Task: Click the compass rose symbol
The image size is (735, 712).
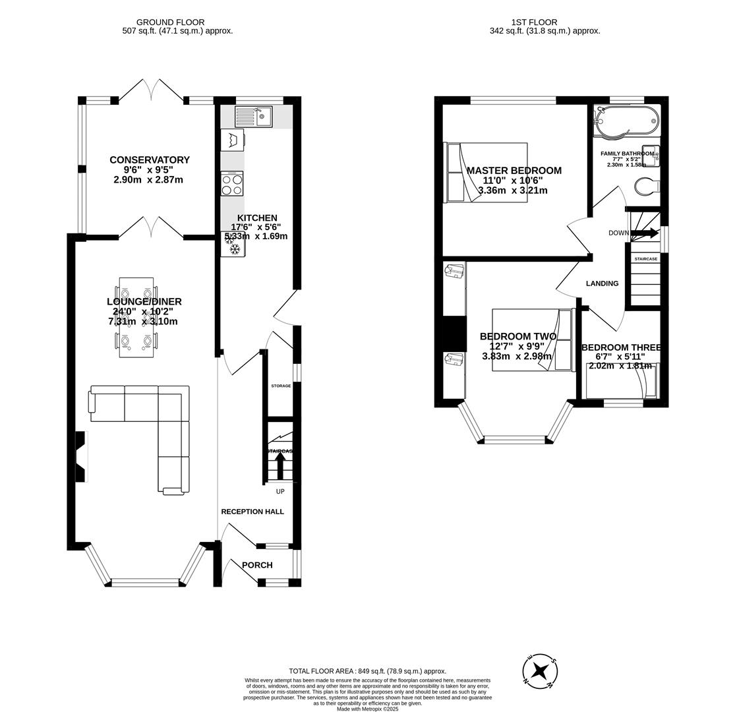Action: pyautogui.click(x=540, y=672)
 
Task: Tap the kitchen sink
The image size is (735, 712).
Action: pyautogui.click(x=254, y=117)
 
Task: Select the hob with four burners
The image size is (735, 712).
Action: pyautogui.click(x=232, y=183)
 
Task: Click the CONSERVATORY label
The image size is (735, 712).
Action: pyautogui.click(x=150, y=160)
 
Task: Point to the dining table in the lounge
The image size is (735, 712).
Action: pyautogui.click(x=136, y=317)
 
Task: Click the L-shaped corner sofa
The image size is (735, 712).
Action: pyautogui.click(x=168, y=422)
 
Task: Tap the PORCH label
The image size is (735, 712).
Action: pyautogui.click(x=257, y=565)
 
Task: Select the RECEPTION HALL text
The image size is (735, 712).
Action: pyautogui.click(x=252, y=512)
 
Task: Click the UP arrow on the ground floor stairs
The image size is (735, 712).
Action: pyautogui.click(x=280, y=465)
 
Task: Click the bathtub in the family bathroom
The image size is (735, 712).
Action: pyautogui.click(x=626, y=121)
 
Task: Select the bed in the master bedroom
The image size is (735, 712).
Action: pyautogui.click(x=486, y=172)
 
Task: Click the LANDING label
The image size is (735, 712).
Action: pyautogui.click(x=602, y=283)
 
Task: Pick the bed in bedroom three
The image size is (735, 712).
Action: pyautogui.click(x=622, y=380)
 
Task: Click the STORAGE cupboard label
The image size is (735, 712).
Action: pyautogui.click(x=281, y=386)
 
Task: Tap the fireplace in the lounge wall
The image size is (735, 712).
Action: pyautogui.click(x=80, y=456)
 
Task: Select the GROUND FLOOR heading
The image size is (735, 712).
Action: pyautogui.click(x=170, y=22)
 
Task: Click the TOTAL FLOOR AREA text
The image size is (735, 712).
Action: pyautogui.click(x=367, y=671)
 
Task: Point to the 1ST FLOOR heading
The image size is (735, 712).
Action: pyautogui.click(x=534, y=22)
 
